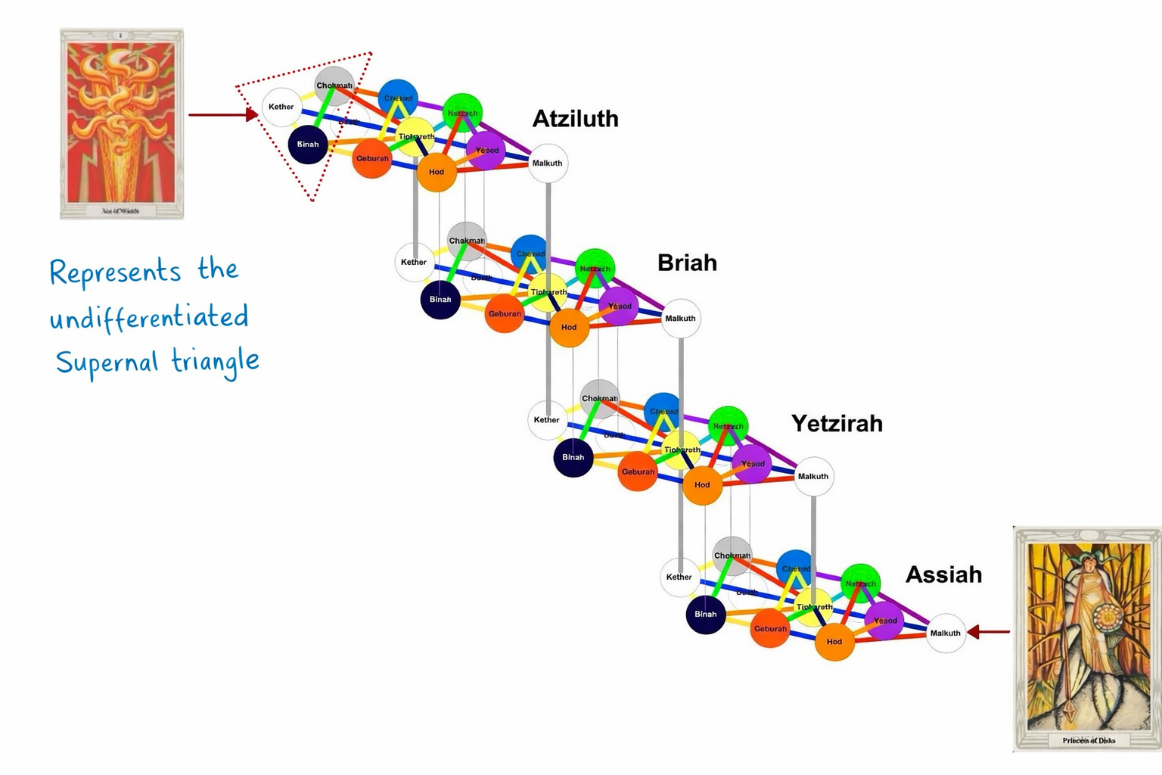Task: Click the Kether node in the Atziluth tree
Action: point(281,107)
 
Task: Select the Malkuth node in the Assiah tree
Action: point(946,633)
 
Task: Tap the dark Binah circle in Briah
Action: point(440,300)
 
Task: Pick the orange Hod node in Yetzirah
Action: point(702,484)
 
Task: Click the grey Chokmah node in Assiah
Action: point(732,556)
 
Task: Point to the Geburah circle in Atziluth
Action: point(372,158)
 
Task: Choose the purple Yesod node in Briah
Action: point(620,306)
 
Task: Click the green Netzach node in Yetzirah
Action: point(728,426)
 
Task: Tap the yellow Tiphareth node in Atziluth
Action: point(416,137)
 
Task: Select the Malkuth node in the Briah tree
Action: point(680,318)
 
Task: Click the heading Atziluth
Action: point(575,119)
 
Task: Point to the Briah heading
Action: point(687,263)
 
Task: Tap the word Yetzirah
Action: point(837,423)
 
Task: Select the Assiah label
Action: point(943,574)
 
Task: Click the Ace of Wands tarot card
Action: point(122,124)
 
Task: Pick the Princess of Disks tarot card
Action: point(1087,639)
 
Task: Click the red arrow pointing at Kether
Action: point(223,115)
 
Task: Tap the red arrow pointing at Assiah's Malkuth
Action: point(989,631)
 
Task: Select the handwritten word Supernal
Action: point(107,363)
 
